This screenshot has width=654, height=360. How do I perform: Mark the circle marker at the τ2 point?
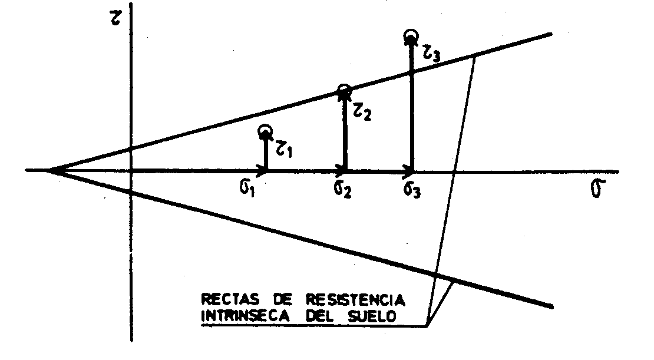(344, 90)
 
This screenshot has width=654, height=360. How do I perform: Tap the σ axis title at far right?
(599, 192)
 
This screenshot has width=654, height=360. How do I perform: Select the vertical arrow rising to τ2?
(344, 133)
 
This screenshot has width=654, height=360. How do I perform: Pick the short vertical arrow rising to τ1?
(265, 153)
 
